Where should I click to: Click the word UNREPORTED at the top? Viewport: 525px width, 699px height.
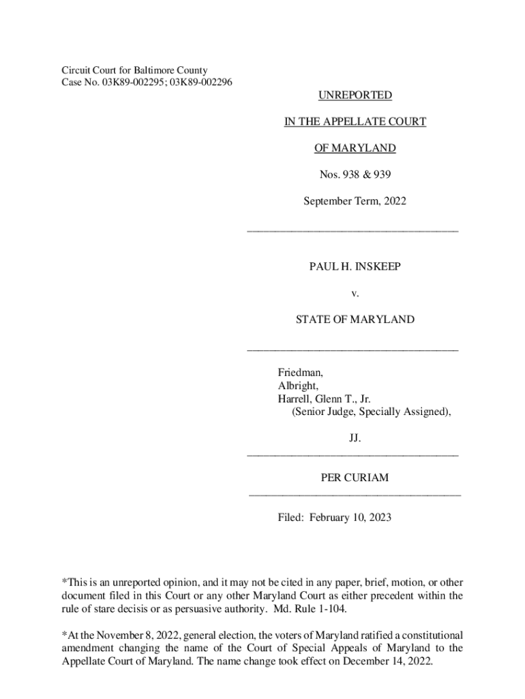click(355, 96)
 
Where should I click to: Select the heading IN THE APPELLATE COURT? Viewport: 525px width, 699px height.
click(355, 122)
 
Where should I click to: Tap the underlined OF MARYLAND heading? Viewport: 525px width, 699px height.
click(355, 149)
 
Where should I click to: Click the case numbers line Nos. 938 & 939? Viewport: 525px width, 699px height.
click(355, 175)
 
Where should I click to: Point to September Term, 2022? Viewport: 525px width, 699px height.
click(355, 202)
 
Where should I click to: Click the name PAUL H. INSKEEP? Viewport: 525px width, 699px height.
click(355, 266)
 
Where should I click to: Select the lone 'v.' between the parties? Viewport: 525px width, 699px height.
click(355, 293)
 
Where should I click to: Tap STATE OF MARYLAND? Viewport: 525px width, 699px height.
click(355, 319)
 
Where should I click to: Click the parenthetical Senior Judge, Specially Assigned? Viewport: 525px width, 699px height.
click(372, 412)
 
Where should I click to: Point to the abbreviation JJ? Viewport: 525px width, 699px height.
click(355, 439)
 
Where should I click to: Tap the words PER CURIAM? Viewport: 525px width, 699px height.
click(355, 478)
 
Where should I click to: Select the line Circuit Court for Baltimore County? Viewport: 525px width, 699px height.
click(134, 70)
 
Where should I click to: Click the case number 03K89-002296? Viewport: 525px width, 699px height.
click(200, 83)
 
